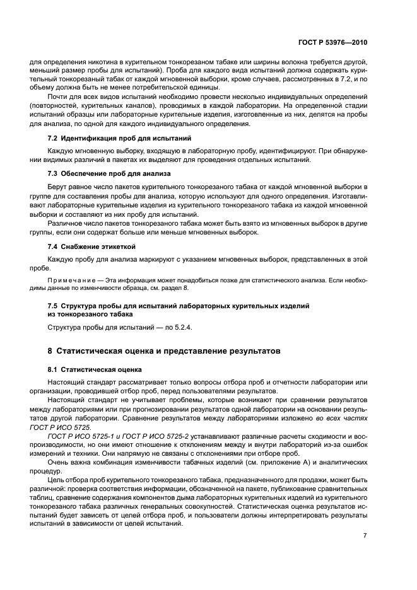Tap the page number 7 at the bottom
pos(365,536)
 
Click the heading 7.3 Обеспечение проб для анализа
pos(109,173)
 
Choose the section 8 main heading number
pos(50,350)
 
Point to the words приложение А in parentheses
pos(274,461)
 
